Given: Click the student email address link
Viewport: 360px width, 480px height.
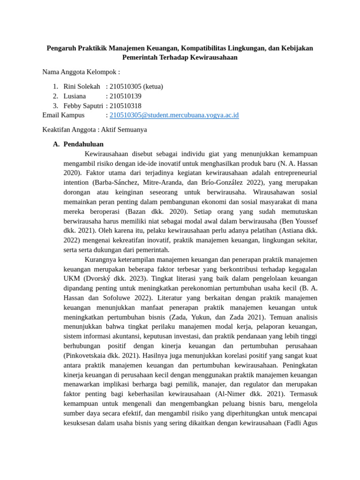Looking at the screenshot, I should [x=174, y=115].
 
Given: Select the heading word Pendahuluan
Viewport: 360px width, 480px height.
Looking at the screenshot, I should [x=83, y=144].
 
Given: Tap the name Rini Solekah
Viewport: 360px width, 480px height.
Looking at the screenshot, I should [x=82, y=86].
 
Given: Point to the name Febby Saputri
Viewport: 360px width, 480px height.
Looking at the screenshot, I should [x=83, y=105].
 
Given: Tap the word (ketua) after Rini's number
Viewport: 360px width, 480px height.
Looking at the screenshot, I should [x=153, y=86].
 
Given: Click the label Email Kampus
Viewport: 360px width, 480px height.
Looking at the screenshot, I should [x=63, y=115].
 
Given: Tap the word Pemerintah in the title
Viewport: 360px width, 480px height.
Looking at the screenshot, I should [x=142, y=57].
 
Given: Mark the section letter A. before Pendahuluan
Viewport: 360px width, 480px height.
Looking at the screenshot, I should [x=57, y=144].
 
